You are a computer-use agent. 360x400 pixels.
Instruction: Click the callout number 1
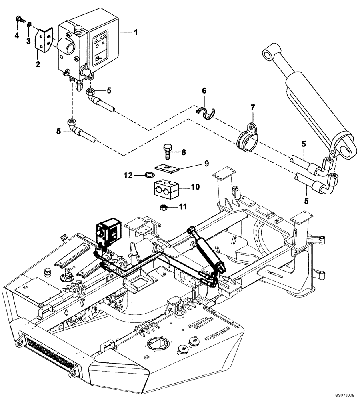[x=136, y=32]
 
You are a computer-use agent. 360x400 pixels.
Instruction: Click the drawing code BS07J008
[x=345, y=394]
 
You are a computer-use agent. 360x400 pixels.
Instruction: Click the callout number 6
[x=204, y=91]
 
